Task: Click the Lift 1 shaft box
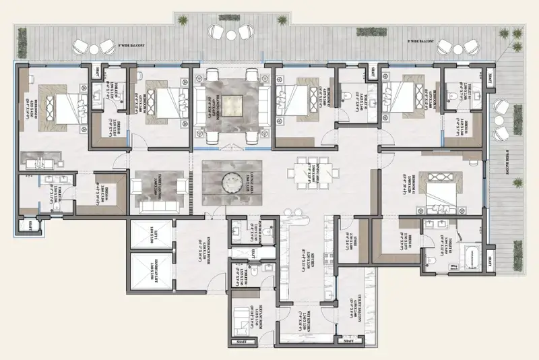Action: pos(151,235)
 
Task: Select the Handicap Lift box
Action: pos(151,270)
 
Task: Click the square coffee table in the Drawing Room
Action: pos(233,102)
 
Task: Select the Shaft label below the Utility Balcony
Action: pos(350,342)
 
